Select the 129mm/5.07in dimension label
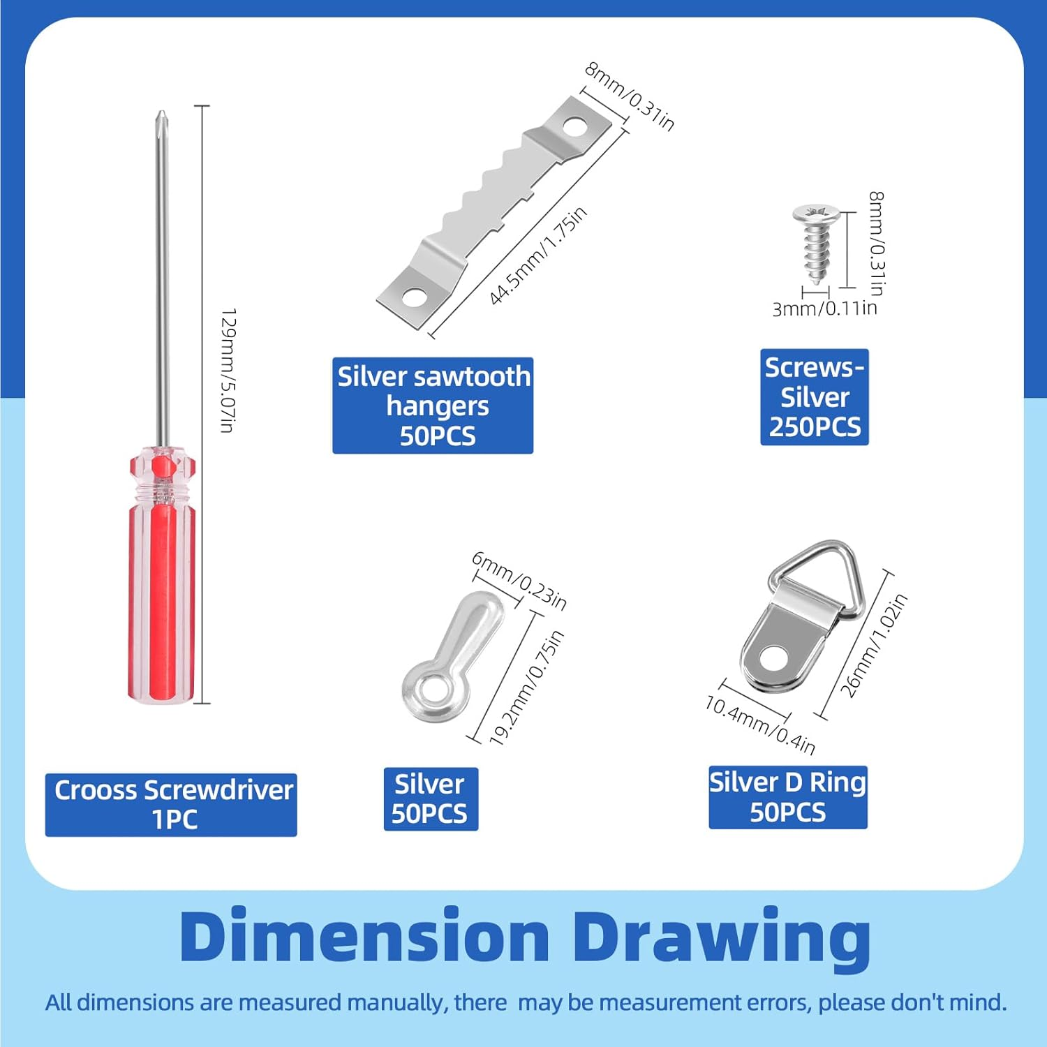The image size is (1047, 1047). pyautogui.click(x=228, y=370)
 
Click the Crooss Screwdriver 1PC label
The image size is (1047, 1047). pyautogui.click(x=171, y=805)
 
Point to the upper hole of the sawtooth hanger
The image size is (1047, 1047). pyautogui.click(x=575, y=126)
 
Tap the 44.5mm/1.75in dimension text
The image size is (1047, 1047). pyautogui.click(x=537, y=256)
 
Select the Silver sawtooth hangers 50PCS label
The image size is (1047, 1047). pyautogui.click(x=433, y=406)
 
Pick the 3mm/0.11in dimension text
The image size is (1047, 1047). pyautogui.click(x=824, y=308)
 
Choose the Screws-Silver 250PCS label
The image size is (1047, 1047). pyautogui.click(x=815, y=397)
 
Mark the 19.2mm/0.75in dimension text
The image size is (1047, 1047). pyautogui.click(x=526, y=688)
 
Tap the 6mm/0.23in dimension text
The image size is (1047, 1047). pyautogui.click(x=519, y=581)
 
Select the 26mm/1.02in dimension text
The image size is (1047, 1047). pyautogui.click(x=873, y=645)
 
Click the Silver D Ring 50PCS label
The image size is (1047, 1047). pyautogui.click(x=788, y=797)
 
